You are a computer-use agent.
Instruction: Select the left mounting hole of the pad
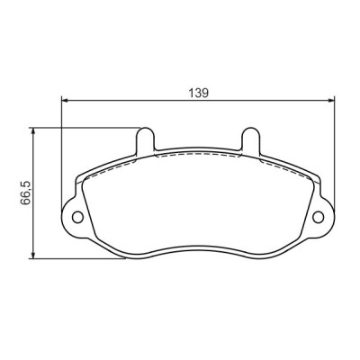point(77,217)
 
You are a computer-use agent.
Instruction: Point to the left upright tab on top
point(144,139)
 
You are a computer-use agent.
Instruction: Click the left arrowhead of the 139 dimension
point(64,100)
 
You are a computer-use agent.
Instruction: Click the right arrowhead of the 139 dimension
point(333,100)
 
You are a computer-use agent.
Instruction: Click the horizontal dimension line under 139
point(135,100)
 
